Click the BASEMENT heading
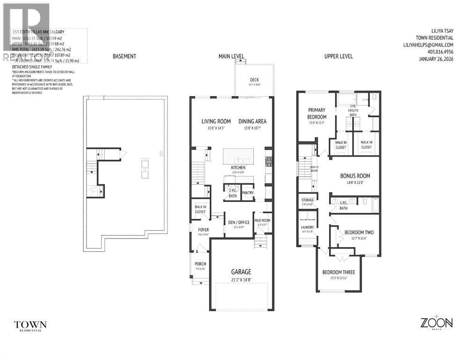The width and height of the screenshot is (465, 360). click(x=124, y=56)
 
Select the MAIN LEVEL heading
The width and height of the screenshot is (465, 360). click(x=231, y=56)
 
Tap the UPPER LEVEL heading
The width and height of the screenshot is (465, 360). click(x=339, y=56)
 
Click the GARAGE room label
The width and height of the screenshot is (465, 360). click(x=241, y=271)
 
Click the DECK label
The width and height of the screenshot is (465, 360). click(x=254, y=80)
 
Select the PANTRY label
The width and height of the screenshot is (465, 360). click(x=248, y=192)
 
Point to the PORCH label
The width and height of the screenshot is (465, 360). click(x=200, y=264)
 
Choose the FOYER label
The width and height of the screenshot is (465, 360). click(x=203, y=230)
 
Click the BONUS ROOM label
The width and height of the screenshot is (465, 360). click(x=354, y=176)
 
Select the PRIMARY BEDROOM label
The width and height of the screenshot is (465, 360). click(x=317, y=113)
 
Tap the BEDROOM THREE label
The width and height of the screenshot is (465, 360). click(x=338, y=272)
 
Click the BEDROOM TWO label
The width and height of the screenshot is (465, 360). click(x=359, y=232)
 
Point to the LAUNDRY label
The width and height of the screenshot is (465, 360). click(x=307, y=227)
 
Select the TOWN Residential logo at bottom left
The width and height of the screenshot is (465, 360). click(x=30, y=325)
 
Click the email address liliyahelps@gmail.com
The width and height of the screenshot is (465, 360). click(x=428, y=45)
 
